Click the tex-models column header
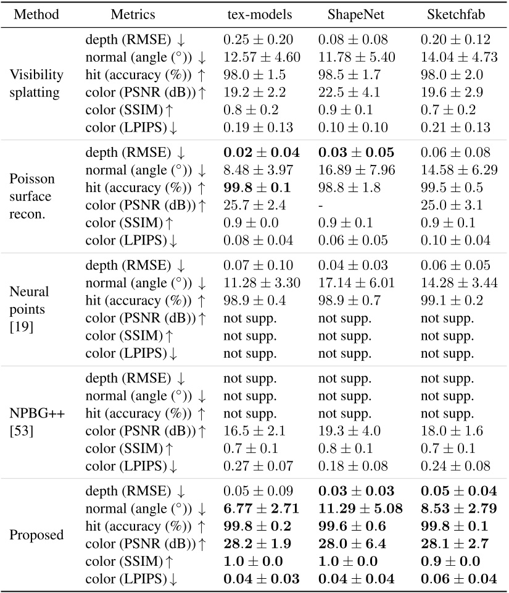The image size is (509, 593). (x=252, y=14)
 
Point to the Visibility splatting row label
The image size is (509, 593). (x=36, y=83)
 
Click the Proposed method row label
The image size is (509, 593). (x=36, y=534)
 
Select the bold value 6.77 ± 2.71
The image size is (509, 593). (x=261, y=508)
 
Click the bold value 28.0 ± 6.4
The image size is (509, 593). (x=355, y=544)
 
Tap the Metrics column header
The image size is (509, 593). (x=133, y=14)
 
